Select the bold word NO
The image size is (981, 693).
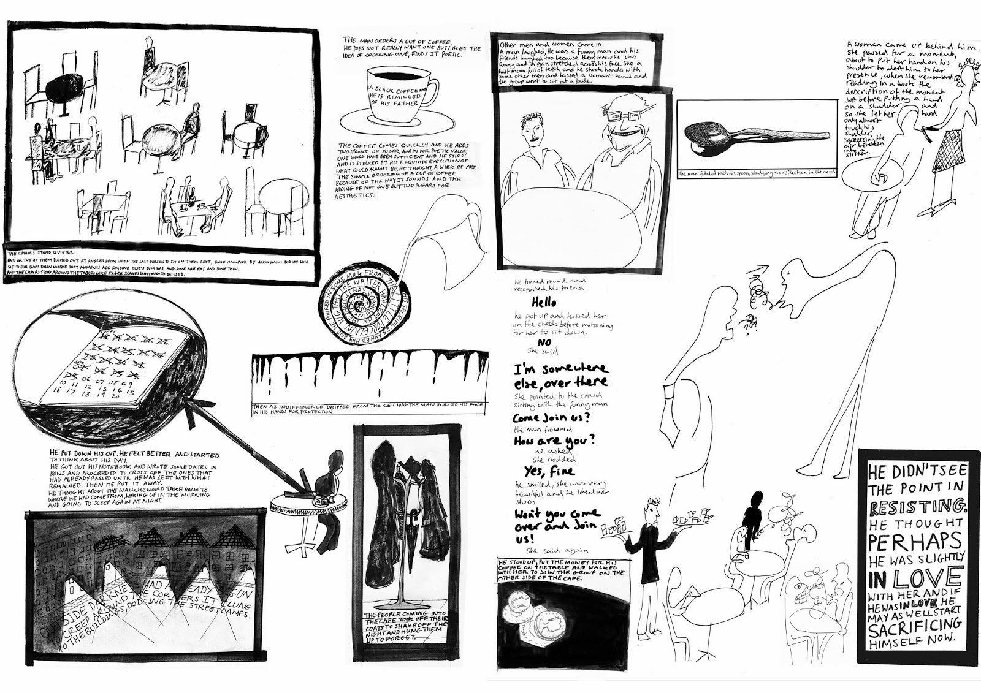544,342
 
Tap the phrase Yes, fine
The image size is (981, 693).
549,471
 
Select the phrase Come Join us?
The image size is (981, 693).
551,418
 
